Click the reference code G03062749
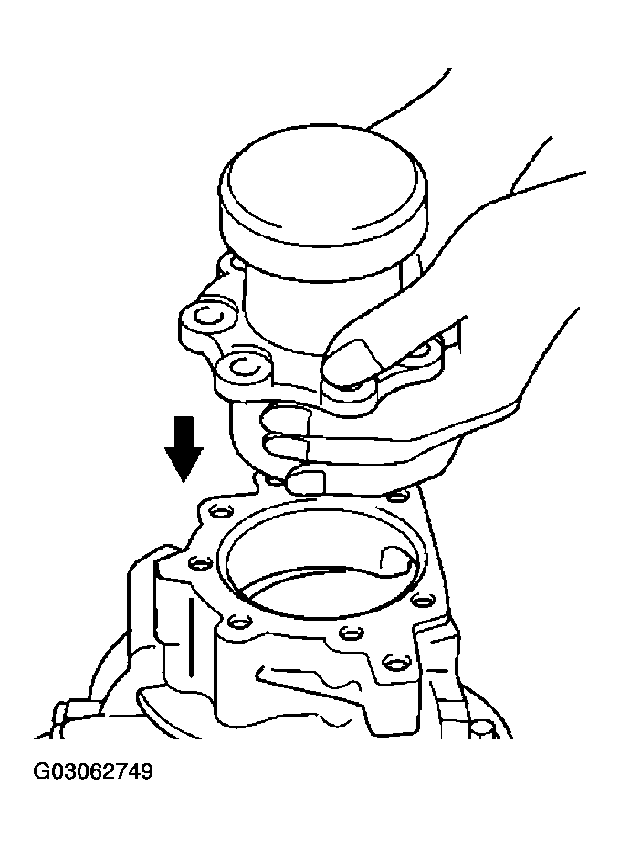point(93,771)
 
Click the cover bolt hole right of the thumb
point(421,349)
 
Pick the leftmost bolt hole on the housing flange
point(200,565)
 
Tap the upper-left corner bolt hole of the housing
point(220,510)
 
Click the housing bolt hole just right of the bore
point(422,599)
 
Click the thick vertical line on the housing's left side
point(191,637)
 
